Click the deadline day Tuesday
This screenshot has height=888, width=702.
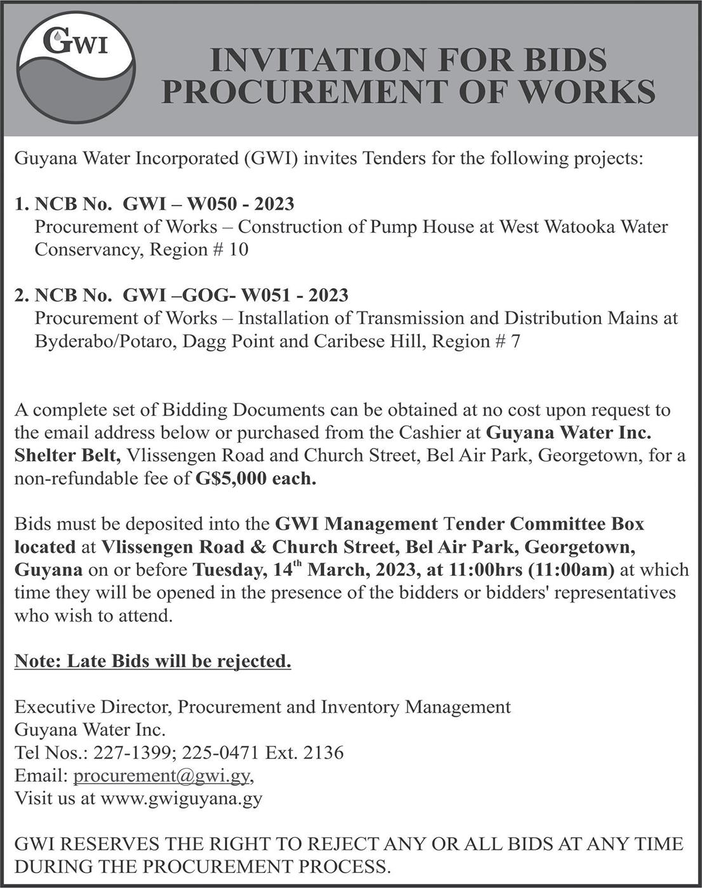click(227, 570)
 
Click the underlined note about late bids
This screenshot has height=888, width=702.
click(153, 662)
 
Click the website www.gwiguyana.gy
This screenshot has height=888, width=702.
click(182, 798)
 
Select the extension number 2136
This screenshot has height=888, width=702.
click(324, 753)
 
